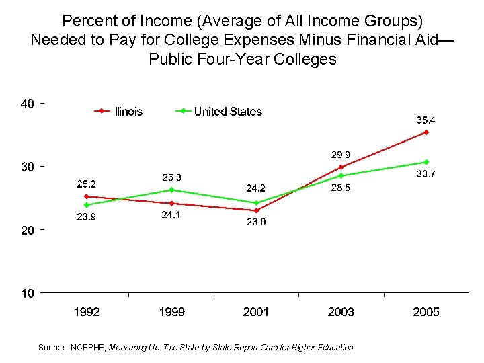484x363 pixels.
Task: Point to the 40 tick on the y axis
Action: (x=28, y=104)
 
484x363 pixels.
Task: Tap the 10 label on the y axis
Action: (x=28, y=293)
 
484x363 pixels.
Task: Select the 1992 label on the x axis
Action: (x=87, y=312)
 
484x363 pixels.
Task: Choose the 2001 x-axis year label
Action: (x=256, y=312)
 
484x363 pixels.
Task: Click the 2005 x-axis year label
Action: (x=426, y=312)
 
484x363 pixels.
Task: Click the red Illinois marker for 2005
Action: (x=426, y=132)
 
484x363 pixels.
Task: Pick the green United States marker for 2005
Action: (x=426, y=162)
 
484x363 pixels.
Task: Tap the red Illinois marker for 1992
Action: (x=87, y=196)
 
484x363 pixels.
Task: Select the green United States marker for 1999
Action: (x=171, y=190)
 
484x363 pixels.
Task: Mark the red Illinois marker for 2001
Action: (x=256, y=210)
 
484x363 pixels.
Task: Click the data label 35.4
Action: (x=426, y=120)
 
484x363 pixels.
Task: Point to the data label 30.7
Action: (x=426, y=174)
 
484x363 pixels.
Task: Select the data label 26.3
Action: (x=171, y=177)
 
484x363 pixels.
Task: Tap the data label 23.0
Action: (x=256, y=223)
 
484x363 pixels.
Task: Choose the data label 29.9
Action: (x=341, y=155)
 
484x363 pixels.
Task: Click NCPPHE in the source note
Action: (x=87, y=348)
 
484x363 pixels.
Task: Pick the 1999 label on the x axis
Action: (x=171, y=312)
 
